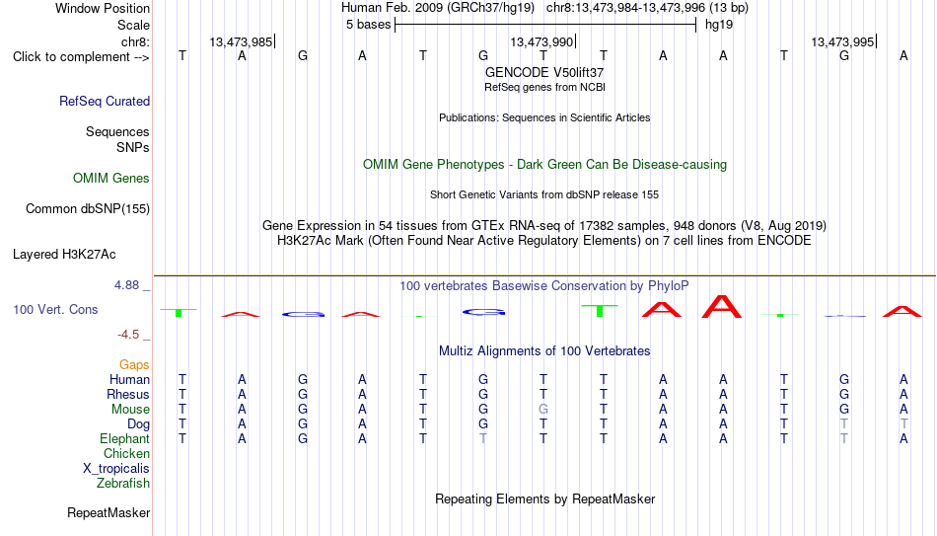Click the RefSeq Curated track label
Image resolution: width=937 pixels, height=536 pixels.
coord(105,101)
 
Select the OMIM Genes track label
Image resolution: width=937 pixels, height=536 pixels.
coord(111,179)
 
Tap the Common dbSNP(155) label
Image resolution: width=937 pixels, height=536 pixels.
coord(88,209)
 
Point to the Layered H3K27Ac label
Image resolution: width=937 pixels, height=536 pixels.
coord(64,255)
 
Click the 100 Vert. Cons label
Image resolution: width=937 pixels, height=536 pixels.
coord(55,309)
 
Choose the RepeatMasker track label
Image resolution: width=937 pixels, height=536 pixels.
coord(108,512)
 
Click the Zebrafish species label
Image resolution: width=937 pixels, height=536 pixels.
coord(123,483)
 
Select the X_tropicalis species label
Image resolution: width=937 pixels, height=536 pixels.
coord(116,469)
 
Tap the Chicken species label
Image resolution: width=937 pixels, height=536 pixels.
coord(126,453)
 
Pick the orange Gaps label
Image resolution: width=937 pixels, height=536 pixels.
coord(134,365)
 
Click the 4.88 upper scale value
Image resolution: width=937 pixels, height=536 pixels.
coord(126,285)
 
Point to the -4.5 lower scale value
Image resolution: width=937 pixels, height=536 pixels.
coord(128,335)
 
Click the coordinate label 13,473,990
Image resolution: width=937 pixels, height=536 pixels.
coord(541,41)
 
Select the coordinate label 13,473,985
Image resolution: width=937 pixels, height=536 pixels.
coord(241,41)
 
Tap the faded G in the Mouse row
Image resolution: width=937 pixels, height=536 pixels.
coord(543,410)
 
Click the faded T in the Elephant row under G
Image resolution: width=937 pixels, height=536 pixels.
coord(483,438)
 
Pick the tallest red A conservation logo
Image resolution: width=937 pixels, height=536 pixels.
coord(722,306)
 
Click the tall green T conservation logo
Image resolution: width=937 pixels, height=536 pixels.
coord(600,311)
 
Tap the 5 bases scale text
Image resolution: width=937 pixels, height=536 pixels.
coord(368,25)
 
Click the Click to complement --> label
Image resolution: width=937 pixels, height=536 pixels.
coord(81,57)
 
